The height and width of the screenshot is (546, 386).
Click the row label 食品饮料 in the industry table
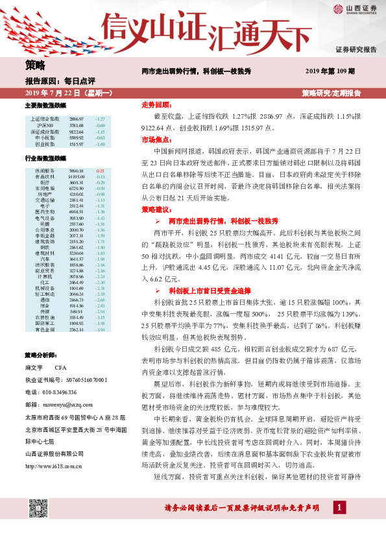click(45, 176)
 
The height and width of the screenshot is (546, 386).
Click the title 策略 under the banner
click(35, 65)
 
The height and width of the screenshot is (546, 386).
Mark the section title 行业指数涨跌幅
click(45, 158)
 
